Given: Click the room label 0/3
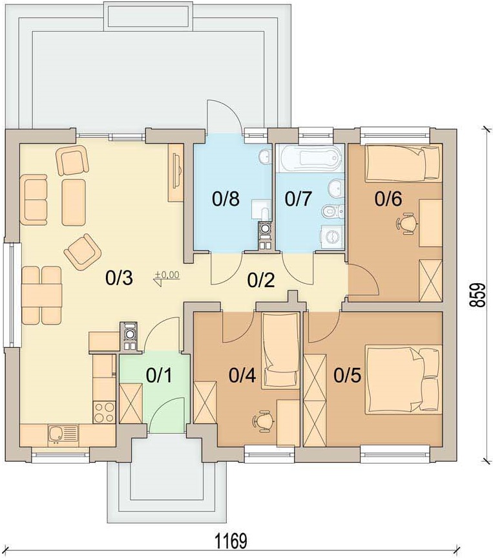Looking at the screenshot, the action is [119, 277].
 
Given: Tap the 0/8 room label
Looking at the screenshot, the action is [226, 199].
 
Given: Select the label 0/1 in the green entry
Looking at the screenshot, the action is [159, 376].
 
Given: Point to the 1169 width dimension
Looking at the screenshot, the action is [231, 542].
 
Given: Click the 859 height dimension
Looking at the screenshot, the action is [477, 295].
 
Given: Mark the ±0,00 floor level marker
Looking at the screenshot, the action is [167, 277].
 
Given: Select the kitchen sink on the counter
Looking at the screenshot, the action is [63, 435].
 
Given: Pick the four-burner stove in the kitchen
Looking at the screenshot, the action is [104, 412].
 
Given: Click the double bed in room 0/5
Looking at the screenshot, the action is [404, 380].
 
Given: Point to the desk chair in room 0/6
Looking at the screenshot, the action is [406, 224].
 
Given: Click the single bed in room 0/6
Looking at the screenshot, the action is [404, 163].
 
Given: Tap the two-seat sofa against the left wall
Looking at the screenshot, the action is [34, 200].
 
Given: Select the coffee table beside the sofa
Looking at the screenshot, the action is [74, 202].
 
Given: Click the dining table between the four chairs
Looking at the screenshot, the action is [42, 295].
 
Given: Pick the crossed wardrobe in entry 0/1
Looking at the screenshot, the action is [131, 403].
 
